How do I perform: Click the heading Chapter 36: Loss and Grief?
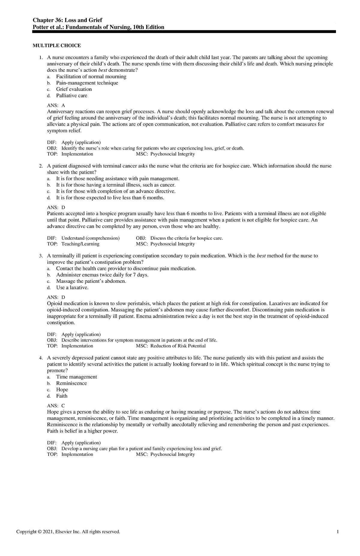click(67, 20)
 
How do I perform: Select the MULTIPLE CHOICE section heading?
click(57, 46)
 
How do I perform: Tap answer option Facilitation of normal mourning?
click(91, 76)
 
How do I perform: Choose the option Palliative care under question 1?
click(72, 96)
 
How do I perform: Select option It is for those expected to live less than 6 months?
click(110, 198)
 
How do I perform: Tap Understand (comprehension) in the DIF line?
click(90, 238)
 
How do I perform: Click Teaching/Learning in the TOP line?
click(80, 244)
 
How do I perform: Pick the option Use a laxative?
click(72, 288)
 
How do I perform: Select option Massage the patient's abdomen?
click(91, 281)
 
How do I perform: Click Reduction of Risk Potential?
click(178, 346)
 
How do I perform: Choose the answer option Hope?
click(62, 390)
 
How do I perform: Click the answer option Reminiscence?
click(71, 383)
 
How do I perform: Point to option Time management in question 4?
click(76, 377)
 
